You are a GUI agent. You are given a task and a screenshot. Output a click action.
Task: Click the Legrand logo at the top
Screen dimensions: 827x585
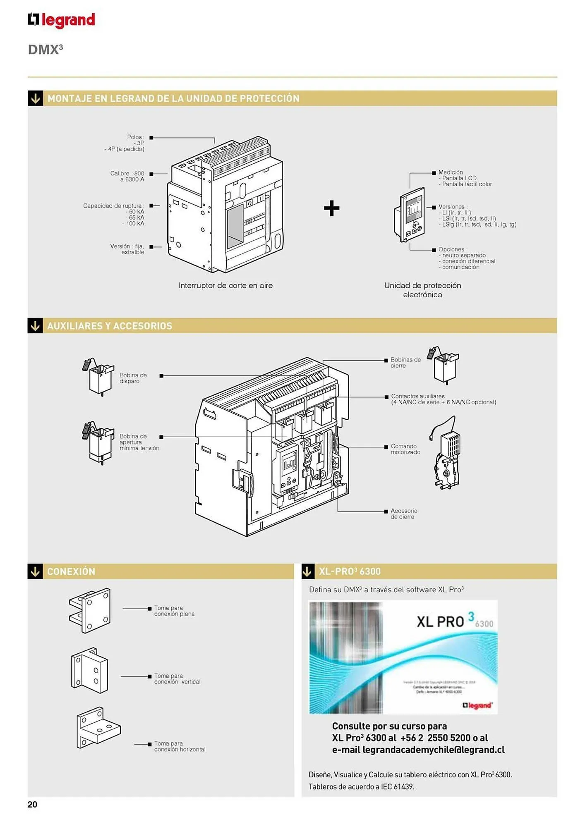click(61, 20)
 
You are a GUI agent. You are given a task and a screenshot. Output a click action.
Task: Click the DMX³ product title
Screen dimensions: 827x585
click(45, 50)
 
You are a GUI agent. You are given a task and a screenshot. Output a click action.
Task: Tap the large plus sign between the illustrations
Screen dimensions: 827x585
click(331, 208)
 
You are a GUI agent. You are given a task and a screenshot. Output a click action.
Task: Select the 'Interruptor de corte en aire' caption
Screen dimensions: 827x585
click(225, 285)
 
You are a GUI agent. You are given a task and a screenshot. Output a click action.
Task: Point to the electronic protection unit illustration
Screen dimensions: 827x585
click(409, 215)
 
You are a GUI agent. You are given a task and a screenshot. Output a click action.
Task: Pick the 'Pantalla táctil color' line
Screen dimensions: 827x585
click(467, 184)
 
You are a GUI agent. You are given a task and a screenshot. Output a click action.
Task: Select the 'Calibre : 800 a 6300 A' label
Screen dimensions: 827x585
click(127, 177)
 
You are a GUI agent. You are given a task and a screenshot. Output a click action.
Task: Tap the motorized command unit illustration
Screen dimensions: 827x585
click(447, 455)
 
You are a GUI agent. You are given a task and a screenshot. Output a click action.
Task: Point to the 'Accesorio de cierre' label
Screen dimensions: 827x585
click(404, 514)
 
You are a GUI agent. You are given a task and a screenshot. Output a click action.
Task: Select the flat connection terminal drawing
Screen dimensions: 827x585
click(90, 610)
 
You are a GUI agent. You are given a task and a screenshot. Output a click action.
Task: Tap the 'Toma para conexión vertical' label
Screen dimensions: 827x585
click(177, 679)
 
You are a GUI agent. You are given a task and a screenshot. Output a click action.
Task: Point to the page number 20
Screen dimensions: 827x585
click(32, 804)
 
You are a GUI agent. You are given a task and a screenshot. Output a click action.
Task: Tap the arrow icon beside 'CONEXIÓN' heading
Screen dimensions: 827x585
click(35, 571)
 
